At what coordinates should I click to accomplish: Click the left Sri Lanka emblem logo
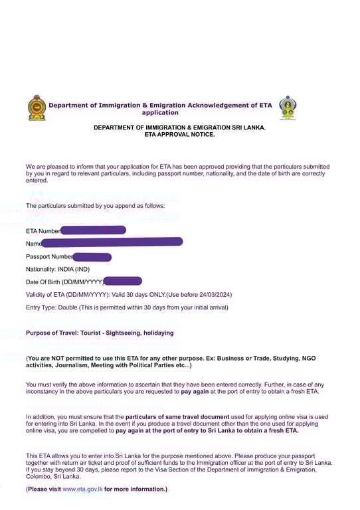click(x=37, y=108)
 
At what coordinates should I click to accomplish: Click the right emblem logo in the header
click(x=288, y=108)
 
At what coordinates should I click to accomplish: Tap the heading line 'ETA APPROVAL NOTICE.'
click(x=179, y=134)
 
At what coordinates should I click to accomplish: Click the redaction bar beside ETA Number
click(x=92, y=230)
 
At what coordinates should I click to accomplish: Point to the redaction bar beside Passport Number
click(x=92, y=256)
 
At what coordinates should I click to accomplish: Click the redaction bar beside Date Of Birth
click(x=123, y=282)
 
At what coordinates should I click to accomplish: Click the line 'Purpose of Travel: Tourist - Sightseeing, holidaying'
click(x=100, y=333)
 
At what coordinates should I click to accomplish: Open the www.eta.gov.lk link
click(x=82, y=489)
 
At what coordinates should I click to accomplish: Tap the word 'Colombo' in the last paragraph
click(x=39, y=476)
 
